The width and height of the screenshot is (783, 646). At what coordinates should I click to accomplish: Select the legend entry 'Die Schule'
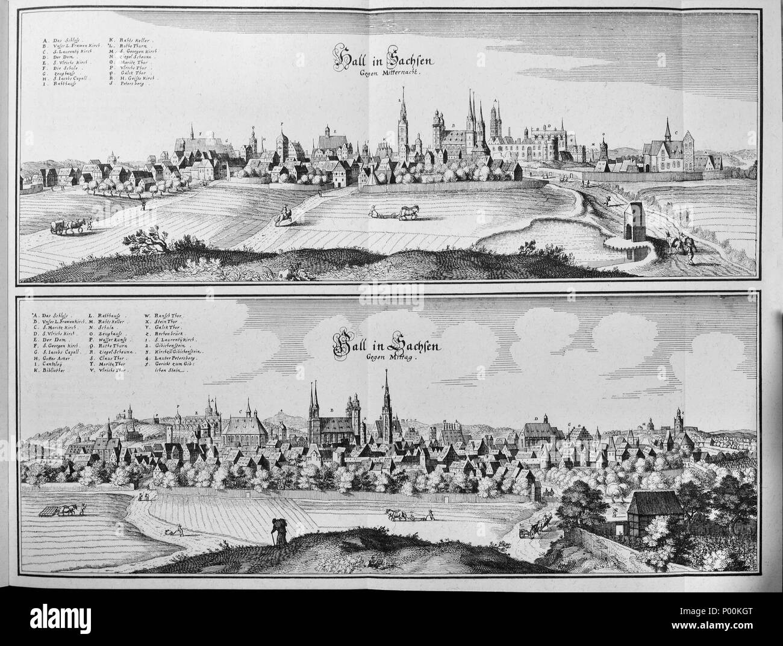(60, 70)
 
